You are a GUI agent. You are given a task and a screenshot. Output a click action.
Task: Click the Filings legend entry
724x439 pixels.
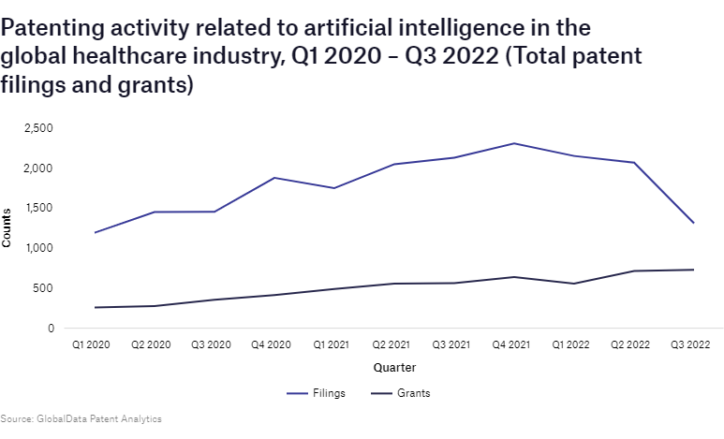[x=316, y=393]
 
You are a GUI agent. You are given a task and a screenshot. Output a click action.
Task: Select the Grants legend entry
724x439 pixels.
[x=399, y=393]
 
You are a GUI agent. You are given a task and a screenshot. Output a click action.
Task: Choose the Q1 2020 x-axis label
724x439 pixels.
[x=91, y=345]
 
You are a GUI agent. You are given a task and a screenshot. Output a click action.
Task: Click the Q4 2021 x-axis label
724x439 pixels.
[x=513, y=345]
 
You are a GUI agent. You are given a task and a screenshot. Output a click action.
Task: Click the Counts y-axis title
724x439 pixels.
[x=7, y=228]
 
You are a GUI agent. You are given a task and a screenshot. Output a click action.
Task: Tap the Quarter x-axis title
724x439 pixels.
[x=394, y=367]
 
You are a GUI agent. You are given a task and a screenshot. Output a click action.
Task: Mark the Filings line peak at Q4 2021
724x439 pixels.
[x=513, y=143]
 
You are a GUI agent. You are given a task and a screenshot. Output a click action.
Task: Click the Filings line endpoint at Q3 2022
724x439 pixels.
[x=694, y=223]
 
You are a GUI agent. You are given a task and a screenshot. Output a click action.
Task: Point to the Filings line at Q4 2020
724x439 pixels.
[x=273, y=178]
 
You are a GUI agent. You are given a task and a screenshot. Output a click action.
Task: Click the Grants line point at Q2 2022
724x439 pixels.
[x=634, y=271]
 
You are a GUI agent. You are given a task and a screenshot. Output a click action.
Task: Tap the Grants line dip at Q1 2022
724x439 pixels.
[x=573, y=284]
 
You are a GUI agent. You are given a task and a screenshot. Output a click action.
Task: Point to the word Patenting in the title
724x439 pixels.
[x=54, y=25]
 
